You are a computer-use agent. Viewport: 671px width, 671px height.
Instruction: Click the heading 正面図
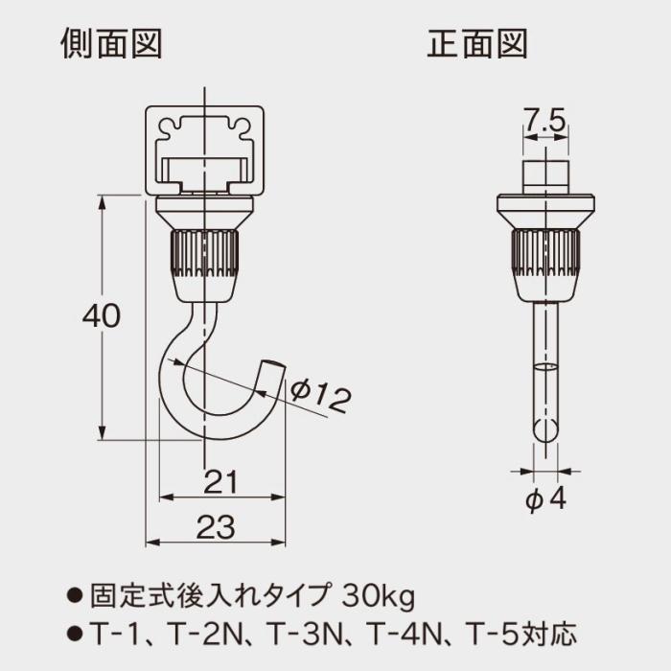(477, 44)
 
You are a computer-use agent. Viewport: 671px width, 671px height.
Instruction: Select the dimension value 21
(221, 481)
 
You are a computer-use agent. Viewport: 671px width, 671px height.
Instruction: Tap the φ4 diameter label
(546, 499)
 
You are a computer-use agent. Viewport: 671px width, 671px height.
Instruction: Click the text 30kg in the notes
(379, 597)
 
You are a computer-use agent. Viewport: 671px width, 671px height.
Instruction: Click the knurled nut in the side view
(203, 254)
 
